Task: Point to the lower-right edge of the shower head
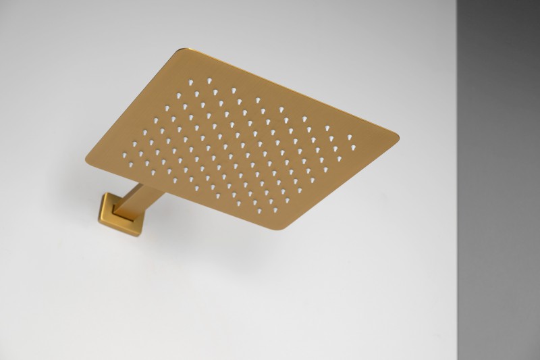344,182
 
